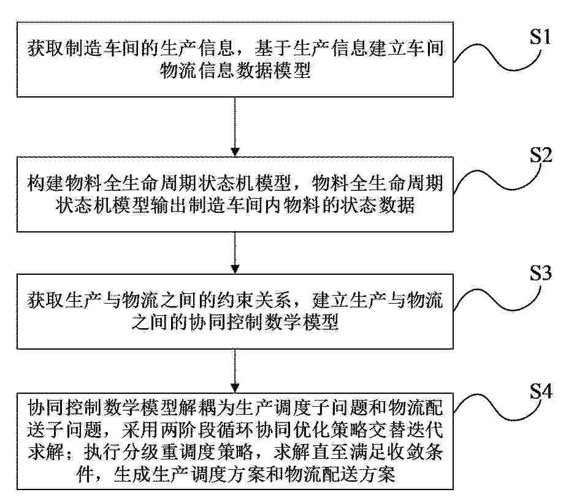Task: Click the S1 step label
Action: pyautogui.click(x=540, y=36)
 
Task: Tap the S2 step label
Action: pyautogui.click(x=540, y=155)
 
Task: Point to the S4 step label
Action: pyautogui.click(x=540, y=391)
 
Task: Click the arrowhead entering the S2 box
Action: pyautogui.click(x=235, y=152)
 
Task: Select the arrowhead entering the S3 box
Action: pyautogui.click(x=235, y=269)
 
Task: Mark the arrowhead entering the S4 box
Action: pyautogui.click(x=235, y=388)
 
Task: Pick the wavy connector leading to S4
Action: pyautogui.click(x=497, y=407)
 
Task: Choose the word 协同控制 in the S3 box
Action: pyautogui.click(x=226, y=322)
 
